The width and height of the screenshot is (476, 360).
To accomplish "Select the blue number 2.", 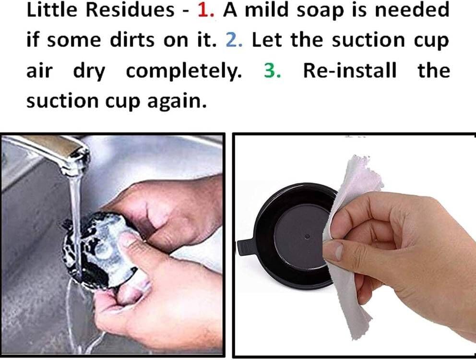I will [x=234, y=40].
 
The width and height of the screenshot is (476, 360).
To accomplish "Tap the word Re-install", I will [x=350, y=71].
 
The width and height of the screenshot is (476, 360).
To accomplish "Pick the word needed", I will [x=416, y=11].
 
